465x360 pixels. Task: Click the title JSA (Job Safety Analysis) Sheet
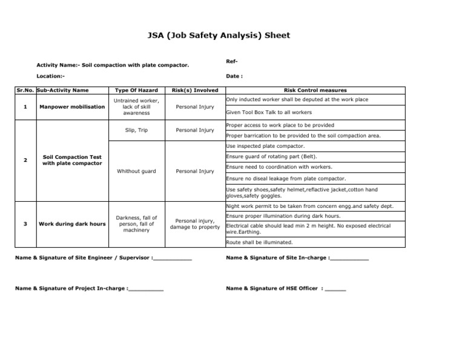click(x=219, y=35)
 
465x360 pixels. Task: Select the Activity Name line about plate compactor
click(x=113, y=65)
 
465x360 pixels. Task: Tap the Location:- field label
click(x=50, y=76)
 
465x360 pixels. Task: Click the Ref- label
click(x=231, y=61)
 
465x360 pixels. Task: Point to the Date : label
click(x=234, y=76)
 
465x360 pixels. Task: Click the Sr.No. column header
click(x=25, y=90)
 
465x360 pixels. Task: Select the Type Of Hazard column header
click(x=136, y=90)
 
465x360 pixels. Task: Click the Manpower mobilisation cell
click(x=71, y=107)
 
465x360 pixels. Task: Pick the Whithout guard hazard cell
click(x=136, y=171)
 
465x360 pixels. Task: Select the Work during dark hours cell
click(x=71, y=224)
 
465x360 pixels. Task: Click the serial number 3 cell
click(x=25, y=224)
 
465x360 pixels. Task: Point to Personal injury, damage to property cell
click(x=194, y=224)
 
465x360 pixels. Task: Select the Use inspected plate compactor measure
click(x=265, y=146)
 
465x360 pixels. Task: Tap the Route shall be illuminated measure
click(x=259, y=242)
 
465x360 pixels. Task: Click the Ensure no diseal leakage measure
click(x=286, y=179)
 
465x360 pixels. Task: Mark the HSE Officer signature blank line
click(x=335, y=289)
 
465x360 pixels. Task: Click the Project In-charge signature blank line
click(x=146, y=289)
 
